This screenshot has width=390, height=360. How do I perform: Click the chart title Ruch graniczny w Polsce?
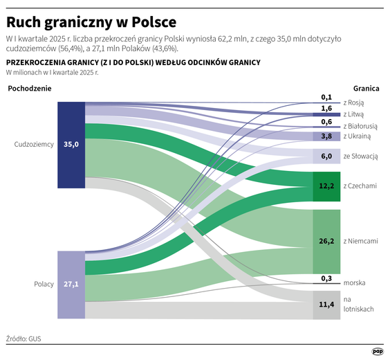[x=91, y=21]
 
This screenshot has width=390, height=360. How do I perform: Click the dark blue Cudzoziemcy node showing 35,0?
[x=71, y=145]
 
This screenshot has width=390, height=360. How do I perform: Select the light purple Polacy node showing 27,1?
[x=71, y=284]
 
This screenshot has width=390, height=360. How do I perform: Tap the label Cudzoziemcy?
[x=35, y=145]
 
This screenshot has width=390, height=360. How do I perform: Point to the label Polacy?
[x=44, y=285]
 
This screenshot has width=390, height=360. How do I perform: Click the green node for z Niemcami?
[x=326, y=241]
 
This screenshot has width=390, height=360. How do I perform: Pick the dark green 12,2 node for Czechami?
[x=326, y=186]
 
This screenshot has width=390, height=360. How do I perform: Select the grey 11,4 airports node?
[x=326, y=304]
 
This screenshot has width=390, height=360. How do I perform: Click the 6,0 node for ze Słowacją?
[x=326, y=156]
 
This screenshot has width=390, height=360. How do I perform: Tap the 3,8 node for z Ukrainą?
[x=326, y=136]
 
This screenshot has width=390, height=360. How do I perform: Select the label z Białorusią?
[x=360, y=126]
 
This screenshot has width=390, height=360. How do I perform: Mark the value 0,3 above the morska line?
[x=326, y=278]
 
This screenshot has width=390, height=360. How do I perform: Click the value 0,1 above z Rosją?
[x=326, y=98]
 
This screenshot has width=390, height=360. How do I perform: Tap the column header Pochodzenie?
[x=30, y=89]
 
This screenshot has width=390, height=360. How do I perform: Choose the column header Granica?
[x=367, y=89]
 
